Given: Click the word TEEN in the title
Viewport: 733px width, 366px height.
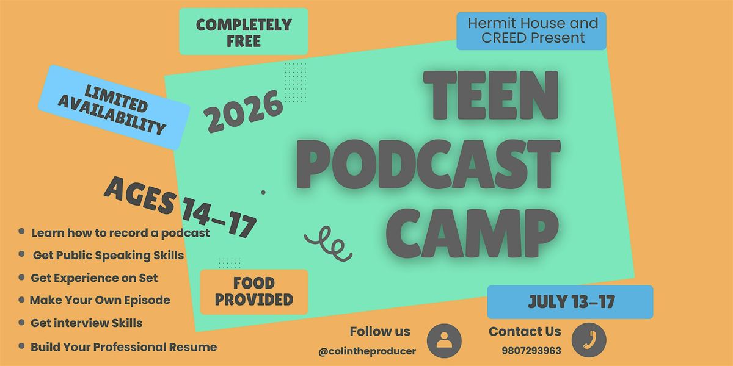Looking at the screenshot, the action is [x=491, y=95].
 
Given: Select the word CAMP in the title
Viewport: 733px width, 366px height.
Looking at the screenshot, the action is [x=472, y=233].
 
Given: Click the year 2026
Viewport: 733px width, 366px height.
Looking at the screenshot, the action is [x=243, y=111].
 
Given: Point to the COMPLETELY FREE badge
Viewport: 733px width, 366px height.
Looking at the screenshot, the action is [x=244, y=31].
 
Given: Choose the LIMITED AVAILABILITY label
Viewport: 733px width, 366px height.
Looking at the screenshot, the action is [x=114, y=107].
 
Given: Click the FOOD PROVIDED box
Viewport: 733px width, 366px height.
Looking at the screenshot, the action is [x=254, y=292].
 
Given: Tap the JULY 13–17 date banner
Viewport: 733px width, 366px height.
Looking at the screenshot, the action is [x=570, y=302].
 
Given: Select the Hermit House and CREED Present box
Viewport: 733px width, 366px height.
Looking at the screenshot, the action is [x=531, y=31].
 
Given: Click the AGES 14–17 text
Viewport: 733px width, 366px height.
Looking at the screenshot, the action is [x=180, y=207].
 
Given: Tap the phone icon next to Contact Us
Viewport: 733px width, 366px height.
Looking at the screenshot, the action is [x=589, y=340].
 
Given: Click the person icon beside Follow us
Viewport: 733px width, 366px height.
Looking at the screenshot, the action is [x=444, y=341].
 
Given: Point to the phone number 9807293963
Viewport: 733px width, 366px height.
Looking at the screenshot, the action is [x=531, y=351].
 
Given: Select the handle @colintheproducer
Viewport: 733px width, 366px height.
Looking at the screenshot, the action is [x=367, y=351].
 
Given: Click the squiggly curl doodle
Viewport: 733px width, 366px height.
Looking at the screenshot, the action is [x=328, y=244].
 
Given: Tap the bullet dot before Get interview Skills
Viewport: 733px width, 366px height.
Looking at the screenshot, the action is [x=21, y=323].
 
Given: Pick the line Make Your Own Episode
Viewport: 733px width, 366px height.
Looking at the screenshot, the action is [x=100, y=300].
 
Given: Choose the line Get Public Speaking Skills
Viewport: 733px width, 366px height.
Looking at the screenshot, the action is [x=108, y=256].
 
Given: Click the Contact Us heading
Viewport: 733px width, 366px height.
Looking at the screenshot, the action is [x=525, y=331].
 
